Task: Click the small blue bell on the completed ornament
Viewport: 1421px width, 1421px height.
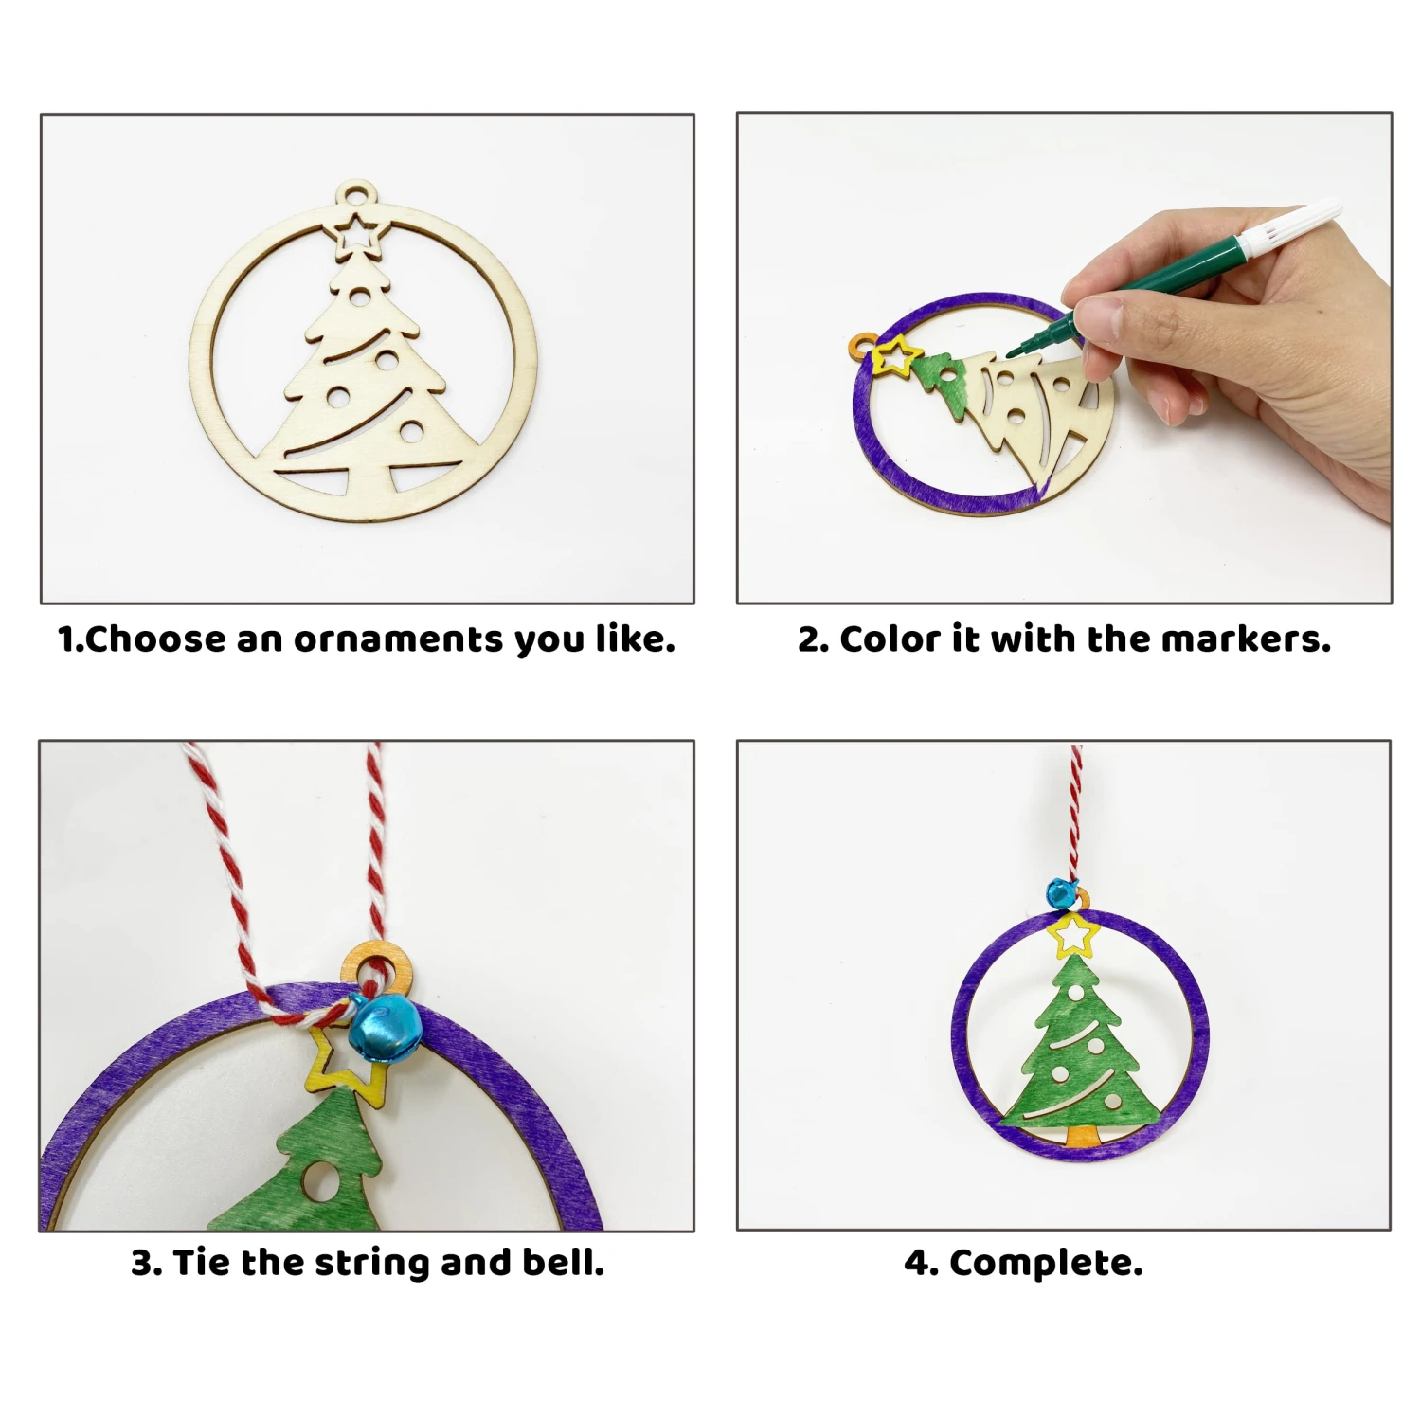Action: (x=1060, y=892)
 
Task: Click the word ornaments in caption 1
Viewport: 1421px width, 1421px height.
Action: (x=398, y=640)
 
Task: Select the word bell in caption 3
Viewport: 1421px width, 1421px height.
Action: (x=563, y=1262)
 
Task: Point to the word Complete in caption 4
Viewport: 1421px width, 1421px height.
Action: (x=1046, y=1264)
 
